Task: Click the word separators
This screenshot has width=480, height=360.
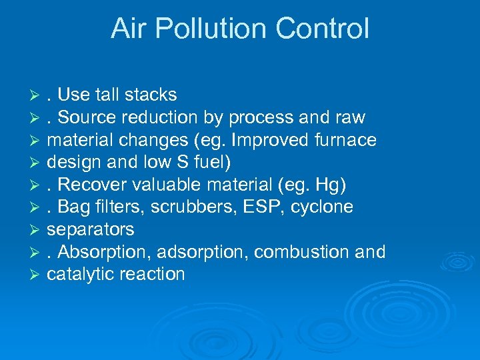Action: click(90, 229)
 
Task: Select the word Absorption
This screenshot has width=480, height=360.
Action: click(107, 252)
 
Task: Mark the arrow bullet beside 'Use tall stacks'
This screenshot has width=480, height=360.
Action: click(38, 95)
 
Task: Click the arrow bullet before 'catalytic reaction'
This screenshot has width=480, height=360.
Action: click(38, 275)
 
